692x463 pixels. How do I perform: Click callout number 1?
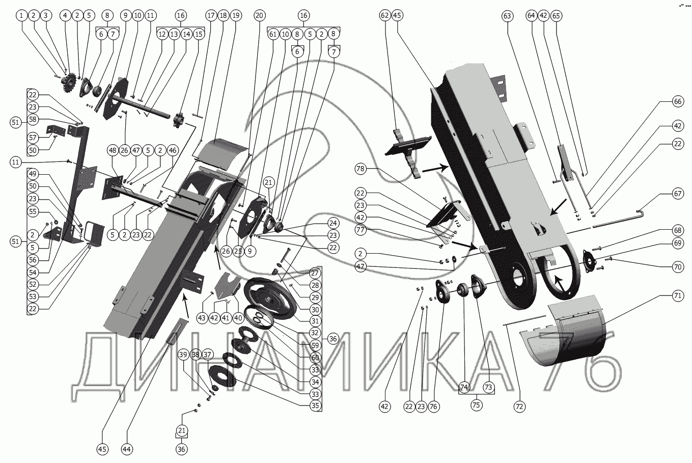coord(21,16)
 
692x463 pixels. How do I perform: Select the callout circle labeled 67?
coord(677,194)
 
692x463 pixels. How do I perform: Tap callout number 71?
coord(677,295)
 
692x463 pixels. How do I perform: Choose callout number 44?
coord(127,449)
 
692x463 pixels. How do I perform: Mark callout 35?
coord(316,405)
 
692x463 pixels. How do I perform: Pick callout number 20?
coord(260,16)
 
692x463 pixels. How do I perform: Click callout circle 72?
coord(519,406)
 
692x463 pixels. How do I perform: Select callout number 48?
coord(113,150)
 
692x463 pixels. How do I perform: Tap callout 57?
coord(33,138)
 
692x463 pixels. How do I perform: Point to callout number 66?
coord(677,102)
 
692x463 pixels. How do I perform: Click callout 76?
coord(433,406)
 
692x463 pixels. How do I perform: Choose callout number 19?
coord(235,16)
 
